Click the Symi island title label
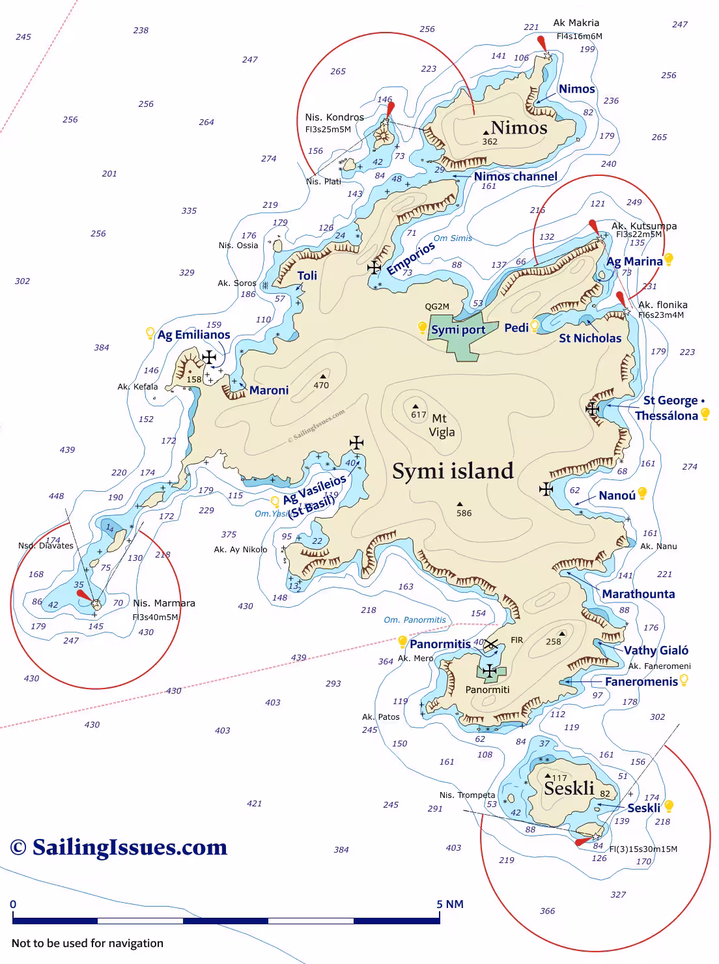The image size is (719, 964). click(x=453, y=471)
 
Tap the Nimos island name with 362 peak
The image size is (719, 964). click(x=518, y=128)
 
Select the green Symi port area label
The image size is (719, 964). click(x=458, y=330)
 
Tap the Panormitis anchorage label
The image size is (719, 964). click(x=440, y=644)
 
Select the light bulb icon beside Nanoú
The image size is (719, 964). click(x=642, y=494)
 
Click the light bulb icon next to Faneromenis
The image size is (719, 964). click(x=684, y=680)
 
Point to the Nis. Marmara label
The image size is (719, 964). click(x=163, y=603)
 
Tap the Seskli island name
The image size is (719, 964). click(x=569, y=789)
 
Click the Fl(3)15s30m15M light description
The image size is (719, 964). click(x=643, y=849)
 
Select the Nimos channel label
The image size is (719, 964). click(x=515, y=177)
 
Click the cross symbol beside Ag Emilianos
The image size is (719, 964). click(x=209, y=357)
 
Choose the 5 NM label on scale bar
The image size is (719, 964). click(x=449, y=904)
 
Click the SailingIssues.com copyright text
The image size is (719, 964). click(x=119, y=847)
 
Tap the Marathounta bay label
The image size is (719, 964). click(x=638, y=594)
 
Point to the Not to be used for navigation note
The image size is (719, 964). click(x=87, y=943)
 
